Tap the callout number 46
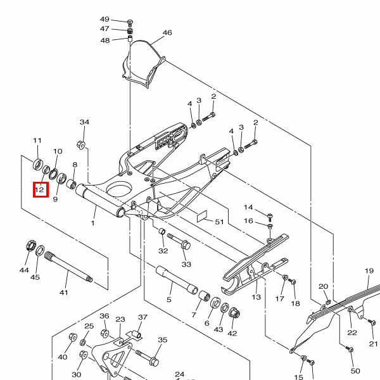click(167, 33)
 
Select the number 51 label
click(220, 222)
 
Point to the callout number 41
click(63, 293)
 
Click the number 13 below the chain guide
click(256, 296)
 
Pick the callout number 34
click(84, 122)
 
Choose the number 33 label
click(186, 263)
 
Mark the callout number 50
click(355, 370)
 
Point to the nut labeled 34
click(82, 144)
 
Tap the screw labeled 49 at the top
click(130, 20)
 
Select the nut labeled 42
click(233, 313)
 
